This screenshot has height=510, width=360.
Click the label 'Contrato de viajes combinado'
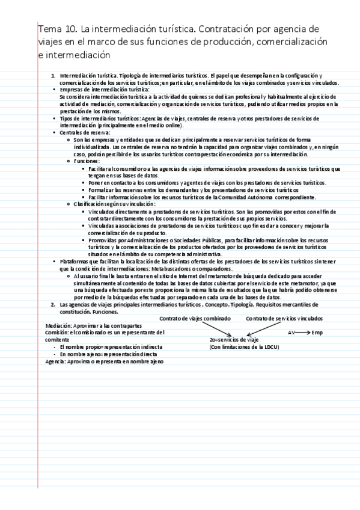click(x=195, y=318)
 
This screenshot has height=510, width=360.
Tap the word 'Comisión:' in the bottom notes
click(x=57, y=332)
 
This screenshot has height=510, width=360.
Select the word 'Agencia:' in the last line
click(x=56, y=361)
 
